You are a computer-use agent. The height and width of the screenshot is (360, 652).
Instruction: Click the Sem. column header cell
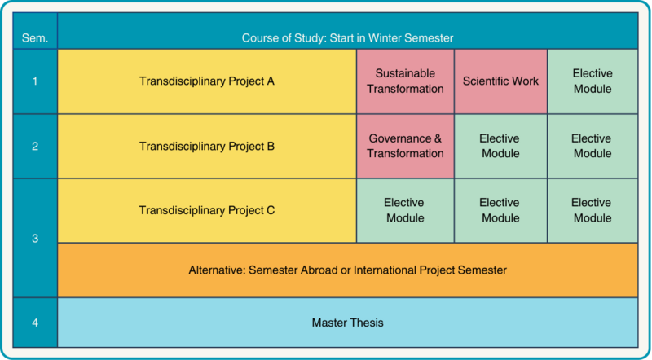pyautogui.click(x=35, y=31)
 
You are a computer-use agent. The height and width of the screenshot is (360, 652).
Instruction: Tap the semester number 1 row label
pyautogui.click(x=35, y=81)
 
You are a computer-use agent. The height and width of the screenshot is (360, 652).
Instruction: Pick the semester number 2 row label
pyautogui.click(x=35, y=147)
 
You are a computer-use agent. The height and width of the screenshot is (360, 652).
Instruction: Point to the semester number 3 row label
pyautogui.click(x=35, y=238)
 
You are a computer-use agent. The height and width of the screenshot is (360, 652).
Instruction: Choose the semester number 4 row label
pyautogui.click(x=35, y=323)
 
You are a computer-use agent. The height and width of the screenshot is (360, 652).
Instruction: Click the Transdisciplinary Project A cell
pyautogui.click(x=207, y=81)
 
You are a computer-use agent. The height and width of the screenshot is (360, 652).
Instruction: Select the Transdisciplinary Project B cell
pyautogui.click(x=207, y=147)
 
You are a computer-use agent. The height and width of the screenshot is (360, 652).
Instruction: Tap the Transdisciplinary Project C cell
pyautogui.click(x=207, y=211)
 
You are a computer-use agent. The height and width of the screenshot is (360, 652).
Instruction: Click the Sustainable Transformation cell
pyautogui.click(x=405, y=81)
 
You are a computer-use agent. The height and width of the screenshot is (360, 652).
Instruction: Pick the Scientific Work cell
pyautogui.click(x=500, y=81)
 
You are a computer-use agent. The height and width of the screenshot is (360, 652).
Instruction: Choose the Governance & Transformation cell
pyautogui.click(x=405, y=147)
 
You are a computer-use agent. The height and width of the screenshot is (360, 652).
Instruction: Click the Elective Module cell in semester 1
pyautogui.click(x=593, y=81)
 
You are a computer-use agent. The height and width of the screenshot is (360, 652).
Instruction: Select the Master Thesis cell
pyautogui.click(x=348, y=323)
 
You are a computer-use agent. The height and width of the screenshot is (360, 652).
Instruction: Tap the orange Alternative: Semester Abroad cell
pyautogui.click(x=348, y=270)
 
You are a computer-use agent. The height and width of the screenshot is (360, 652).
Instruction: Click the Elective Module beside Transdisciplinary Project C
pyautogui.click(x=405, y=211)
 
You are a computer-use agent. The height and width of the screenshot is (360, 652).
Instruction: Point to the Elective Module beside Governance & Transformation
pyautogui.click(x=500, y=147)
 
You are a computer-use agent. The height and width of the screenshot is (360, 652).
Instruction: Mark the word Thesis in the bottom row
pyautogui.click(x=367, y=323)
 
